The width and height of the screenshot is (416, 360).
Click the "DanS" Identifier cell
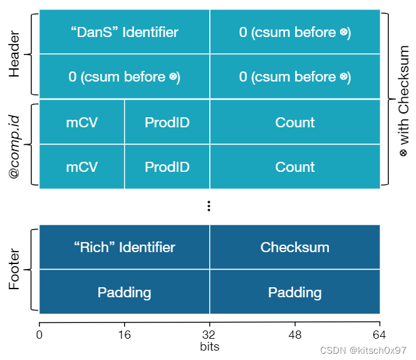click(124, 32)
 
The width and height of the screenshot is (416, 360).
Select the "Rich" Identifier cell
click(124, 247)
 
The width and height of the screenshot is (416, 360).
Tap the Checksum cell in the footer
click(294, 247)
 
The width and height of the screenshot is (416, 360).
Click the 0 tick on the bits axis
click(39, 334)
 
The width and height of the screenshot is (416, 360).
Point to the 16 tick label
click(125, 334)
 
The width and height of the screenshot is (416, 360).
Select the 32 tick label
click(209, 334)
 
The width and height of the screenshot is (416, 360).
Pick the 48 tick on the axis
click(294, 334)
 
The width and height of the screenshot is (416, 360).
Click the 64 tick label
click(380, 334)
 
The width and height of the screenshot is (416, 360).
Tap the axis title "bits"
click(209, 346)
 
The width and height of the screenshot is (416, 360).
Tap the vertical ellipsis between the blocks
click(209, 206)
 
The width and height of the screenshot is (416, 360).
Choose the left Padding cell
click(124, 292)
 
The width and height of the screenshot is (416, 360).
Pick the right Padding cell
click(294, 292)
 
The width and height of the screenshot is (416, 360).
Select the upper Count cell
click(294, 122)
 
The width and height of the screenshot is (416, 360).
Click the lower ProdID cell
click(167, 167)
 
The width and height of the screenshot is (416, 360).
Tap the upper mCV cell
click(82, 122)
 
